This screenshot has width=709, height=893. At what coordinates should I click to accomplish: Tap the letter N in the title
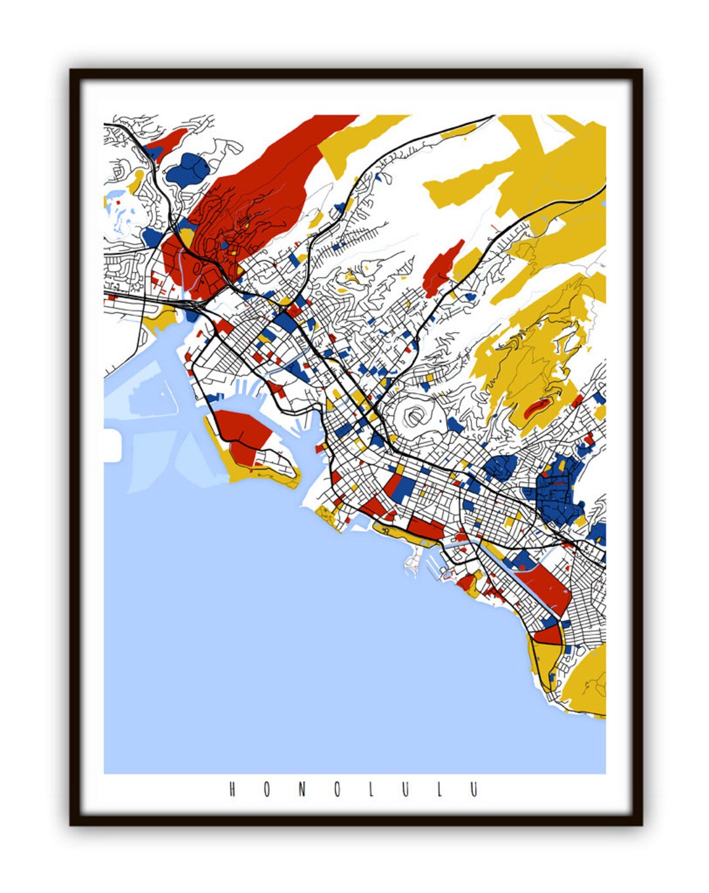pos(302,789)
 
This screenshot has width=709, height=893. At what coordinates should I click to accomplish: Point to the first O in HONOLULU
pos(267,789)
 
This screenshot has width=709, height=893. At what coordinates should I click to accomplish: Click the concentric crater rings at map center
pos(414,416)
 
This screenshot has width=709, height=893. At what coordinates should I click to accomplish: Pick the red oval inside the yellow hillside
pos(537,408)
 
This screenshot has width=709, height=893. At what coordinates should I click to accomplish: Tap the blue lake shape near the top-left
pos(188,169)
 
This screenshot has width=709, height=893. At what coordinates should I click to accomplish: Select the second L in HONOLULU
pos(440,789)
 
